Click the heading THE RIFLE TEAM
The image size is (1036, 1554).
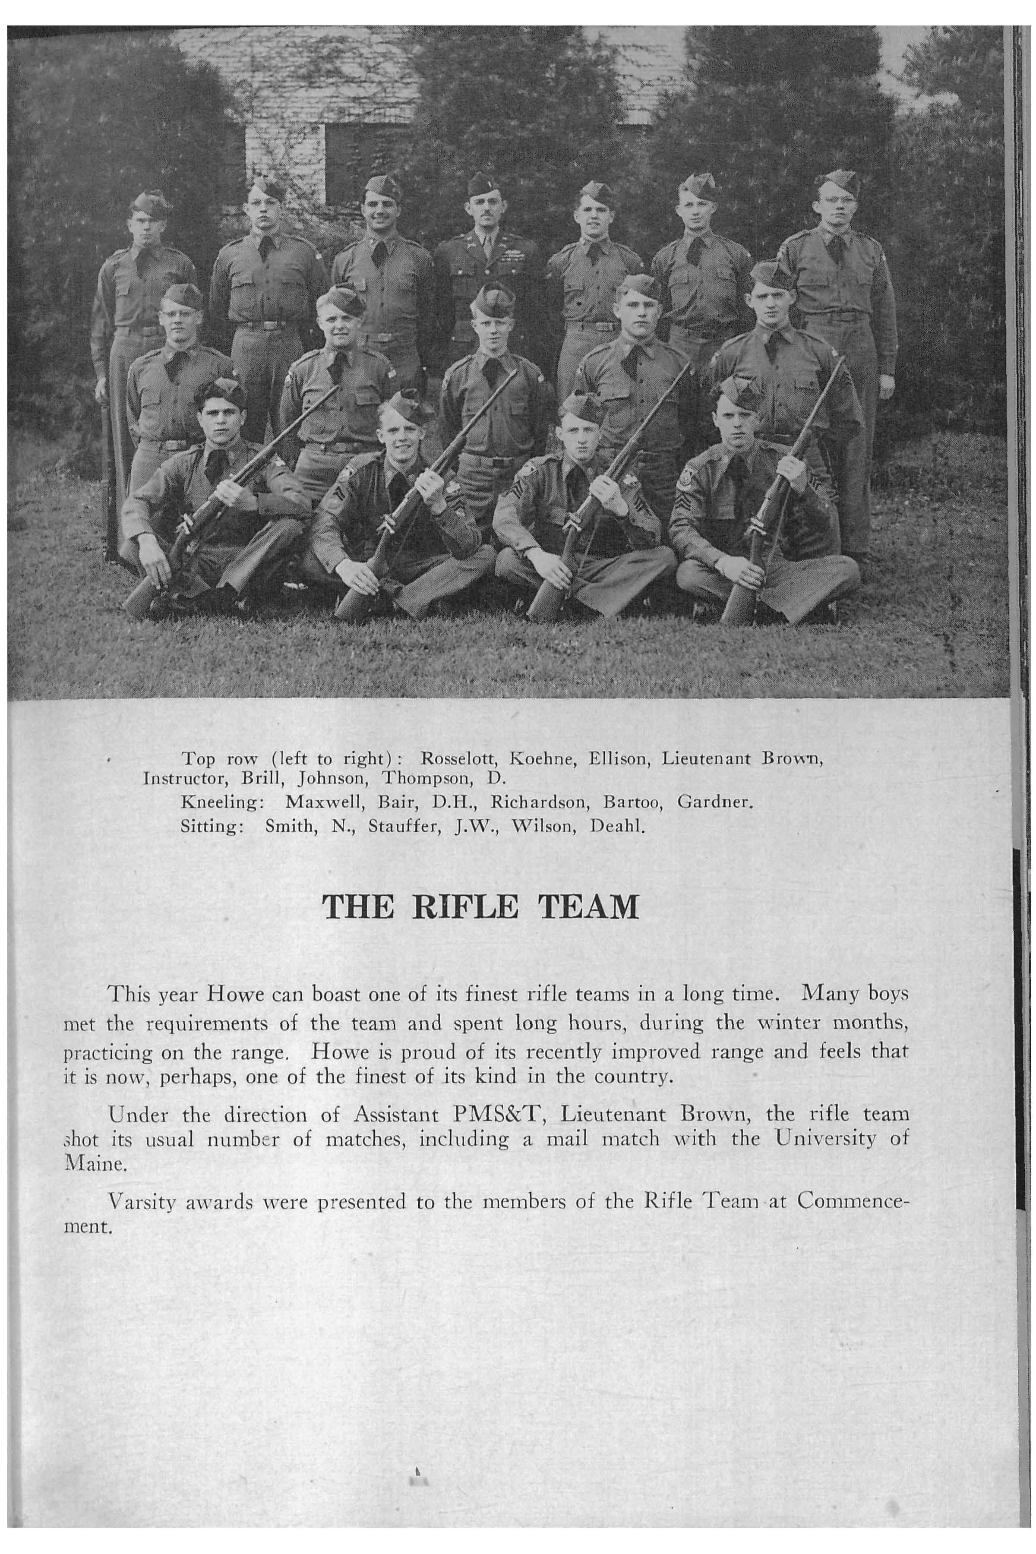[x=480, y=907]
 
